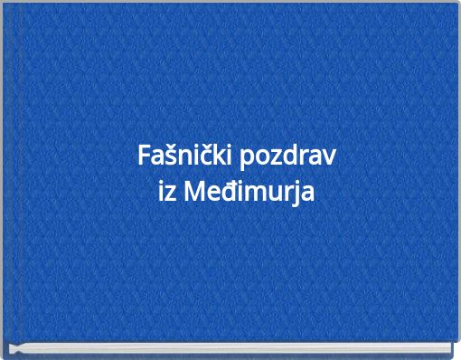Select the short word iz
[168, 193]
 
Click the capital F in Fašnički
[144, 156]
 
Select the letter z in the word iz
[172, 194]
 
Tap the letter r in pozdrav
[305, 157]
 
